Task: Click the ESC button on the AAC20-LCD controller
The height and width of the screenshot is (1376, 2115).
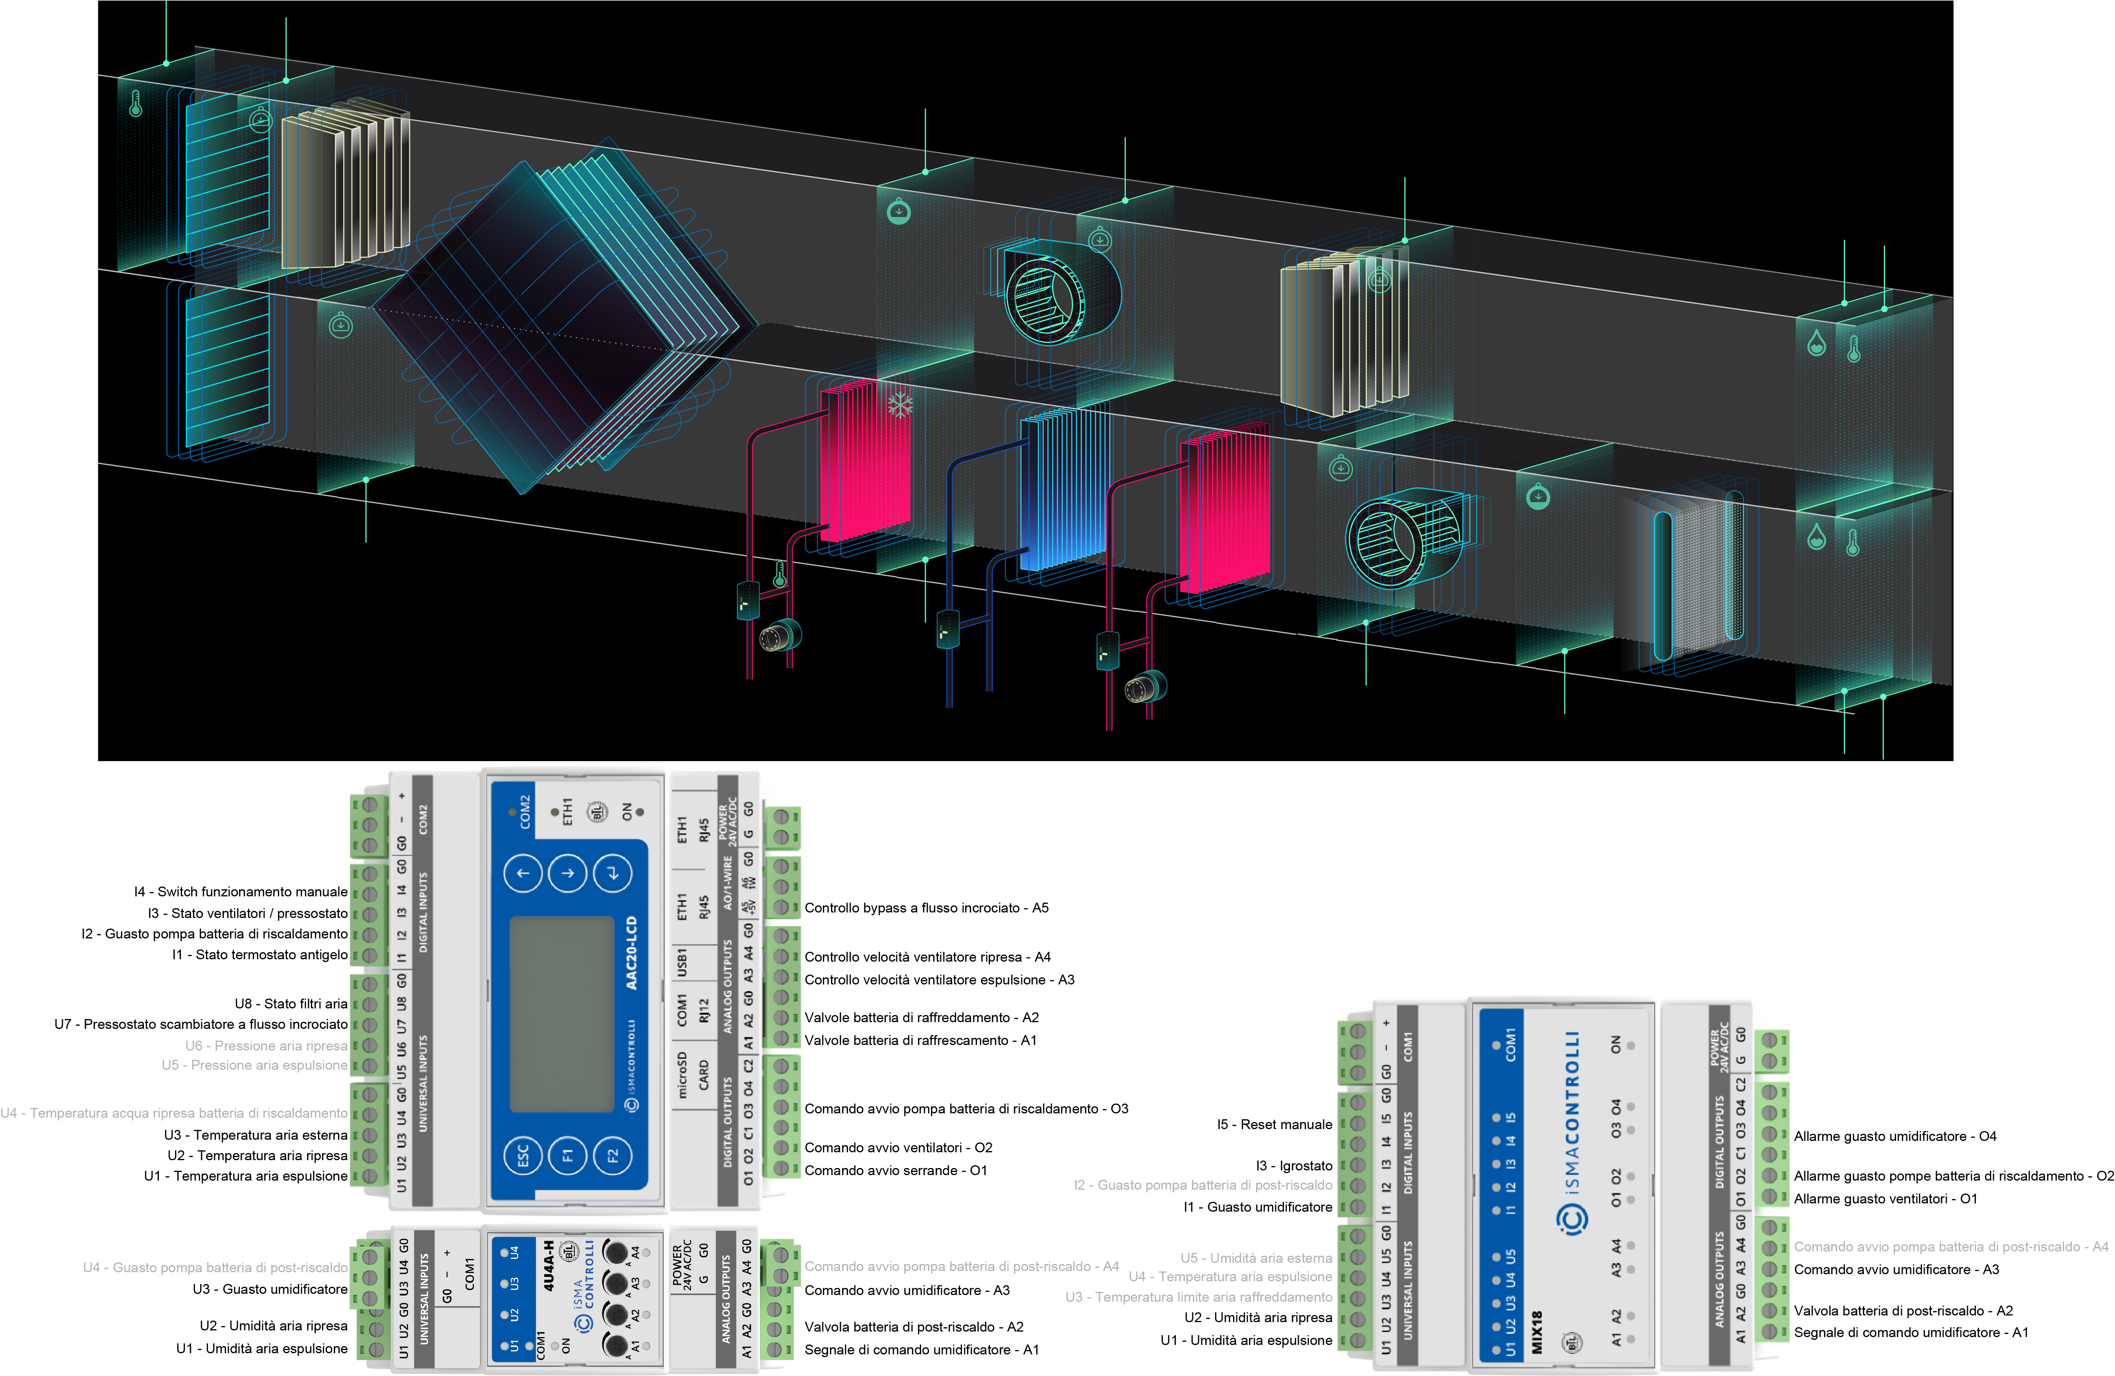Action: [522, 1155]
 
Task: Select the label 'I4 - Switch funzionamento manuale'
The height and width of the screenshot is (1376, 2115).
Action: [240, 892]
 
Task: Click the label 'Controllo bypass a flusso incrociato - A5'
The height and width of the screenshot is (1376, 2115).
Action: [926, 907]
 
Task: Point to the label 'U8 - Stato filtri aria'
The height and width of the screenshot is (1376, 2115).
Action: [291, 1004]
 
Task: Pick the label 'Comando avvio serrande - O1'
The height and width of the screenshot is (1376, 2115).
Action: [895, 1171]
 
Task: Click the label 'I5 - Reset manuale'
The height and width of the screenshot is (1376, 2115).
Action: [1273, 1124]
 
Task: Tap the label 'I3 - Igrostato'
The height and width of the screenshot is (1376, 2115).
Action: [1293, 1165]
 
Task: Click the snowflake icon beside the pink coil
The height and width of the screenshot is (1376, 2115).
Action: [900, 405]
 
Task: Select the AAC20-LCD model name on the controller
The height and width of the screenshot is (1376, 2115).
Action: [631, 953]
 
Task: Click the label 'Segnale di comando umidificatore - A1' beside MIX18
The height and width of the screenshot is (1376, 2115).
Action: [1911, 1332]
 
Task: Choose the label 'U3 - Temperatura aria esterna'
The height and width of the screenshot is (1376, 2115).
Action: [255, 1135]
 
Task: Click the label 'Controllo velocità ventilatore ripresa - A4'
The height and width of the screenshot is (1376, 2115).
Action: [927, 957]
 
